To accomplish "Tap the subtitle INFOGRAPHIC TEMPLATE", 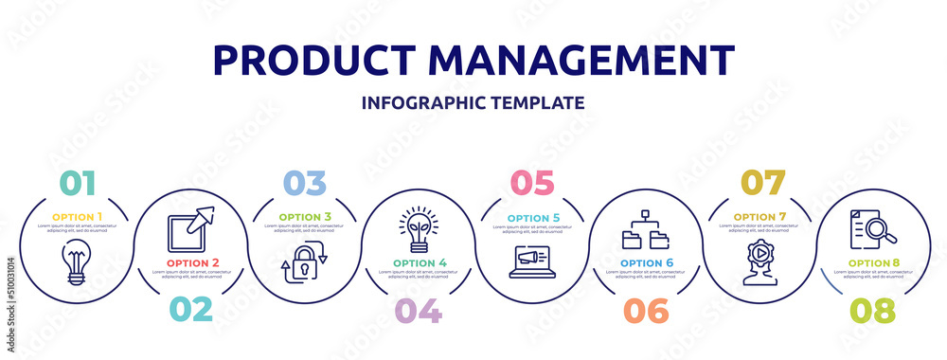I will (473, 102).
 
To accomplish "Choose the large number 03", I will (303, 182).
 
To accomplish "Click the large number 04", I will (418, 310).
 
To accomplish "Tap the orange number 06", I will (646, 310).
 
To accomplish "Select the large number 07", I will (762, 182).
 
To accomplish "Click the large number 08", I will (872, 310).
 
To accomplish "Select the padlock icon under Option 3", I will (304, 265).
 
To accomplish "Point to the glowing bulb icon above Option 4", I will (418, 227).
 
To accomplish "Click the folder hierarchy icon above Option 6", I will (646, 229).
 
